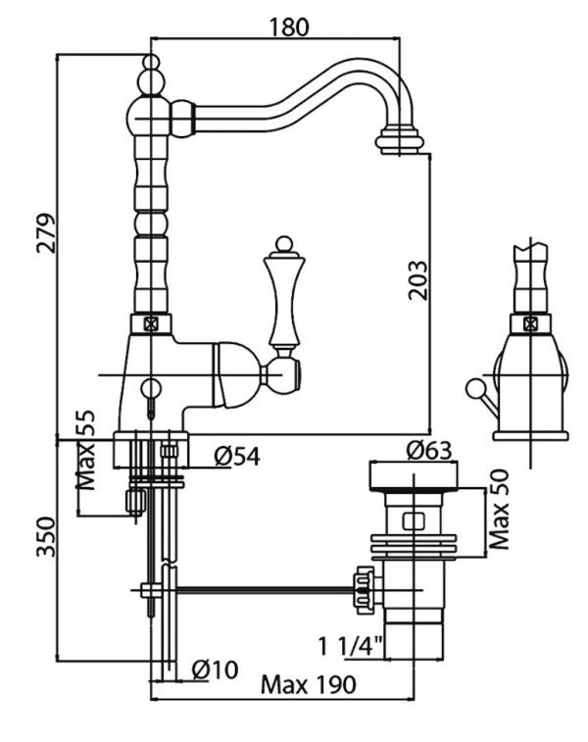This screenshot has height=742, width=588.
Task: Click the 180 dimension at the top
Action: pyautogui.click(x=288, y=27)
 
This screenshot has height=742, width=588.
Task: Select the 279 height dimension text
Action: pyautogui.click(x=46, y=233)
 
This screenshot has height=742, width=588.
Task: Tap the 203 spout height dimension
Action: pyautogui.click(x=417, y=279)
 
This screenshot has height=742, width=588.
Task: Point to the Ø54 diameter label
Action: pyautogui.click(x=236, y=457)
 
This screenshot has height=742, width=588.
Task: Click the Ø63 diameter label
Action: pyautogui.click(x=429, y=450)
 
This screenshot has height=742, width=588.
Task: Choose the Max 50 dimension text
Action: pyautogui.click(x=499, y=509)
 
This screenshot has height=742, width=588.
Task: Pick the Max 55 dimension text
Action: pyautogui.click(x=85, y=450)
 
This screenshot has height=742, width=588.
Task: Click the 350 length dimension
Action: pyautogui.click(x=46, y=536)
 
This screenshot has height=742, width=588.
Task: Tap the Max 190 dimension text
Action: pyautogui.click(x=309, y=684)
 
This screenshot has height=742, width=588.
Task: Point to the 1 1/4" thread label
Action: pyautogui.click(x=350, y=646)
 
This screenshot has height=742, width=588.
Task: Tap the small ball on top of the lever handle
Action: pyautogui.click(x=284, y=244)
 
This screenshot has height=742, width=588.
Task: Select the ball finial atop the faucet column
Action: pyautogui.click(x=151, y=63)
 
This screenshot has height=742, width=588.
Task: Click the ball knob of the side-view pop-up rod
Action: pyautogui.click(x=472, y=388)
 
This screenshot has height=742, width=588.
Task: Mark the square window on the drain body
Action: pyautogui.click(x=414, y=521)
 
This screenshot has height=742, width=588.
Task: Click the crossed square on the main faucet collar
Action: pyautogui.click(x=151, y=324)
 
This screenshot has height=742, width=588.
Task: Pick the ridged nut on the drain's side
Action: pyautogui.click(x=365, y=590)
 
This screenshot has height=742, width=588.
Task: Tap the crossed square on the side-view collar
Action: pyautogui.click(x=530, y=324)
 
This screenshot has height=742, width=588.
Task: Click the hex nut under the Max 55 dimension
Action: pyautogui.click(x=135, y=502)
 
